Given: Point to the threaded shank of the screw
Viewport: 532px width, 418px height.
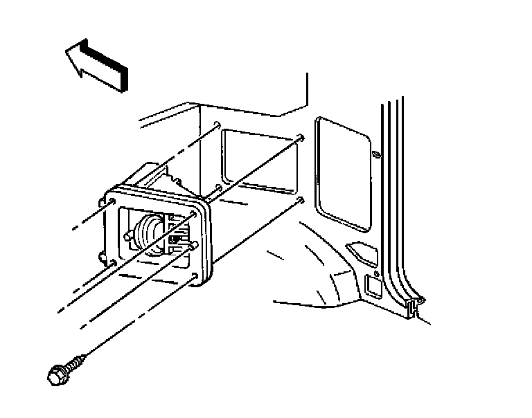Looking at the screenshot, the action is [x=78, y=361].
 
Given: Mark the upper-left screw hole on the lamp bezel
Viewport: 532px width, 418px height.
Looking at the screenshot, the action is [x=111, y=201].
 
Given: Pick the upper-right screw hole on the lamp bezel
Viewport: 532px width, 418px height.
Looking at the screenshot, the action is [x=196, y=214].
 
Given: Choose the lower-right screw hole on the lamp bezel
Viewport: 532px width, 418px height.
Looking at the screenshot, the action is [x=195, y=277].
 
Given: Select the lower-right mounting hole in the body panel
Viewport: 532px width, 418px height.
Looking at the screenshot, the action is [x=299, y=200].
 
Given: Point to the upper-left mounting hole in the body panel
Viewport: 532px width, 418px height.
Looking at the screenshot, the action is [x=218, y=125].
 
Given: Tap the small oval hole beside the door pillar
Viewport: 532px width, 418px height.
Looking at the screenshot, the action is [x=374, y=154].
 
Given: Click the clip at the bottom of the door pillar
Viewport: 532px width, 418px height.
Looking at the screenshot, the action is [x=415, y=306].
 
